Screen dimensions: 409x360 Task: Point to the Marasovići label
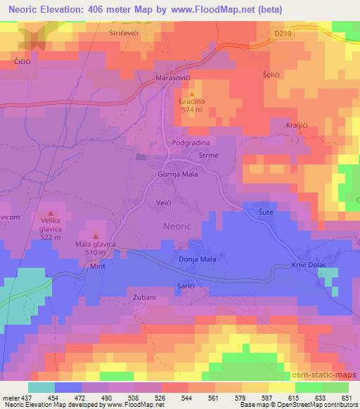click(x=174, y=78)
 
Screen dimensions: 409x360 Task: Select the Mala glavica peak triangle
click(x=96, y=235)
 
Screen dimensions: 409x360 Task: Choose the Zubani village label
click(x=143, y=297)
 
